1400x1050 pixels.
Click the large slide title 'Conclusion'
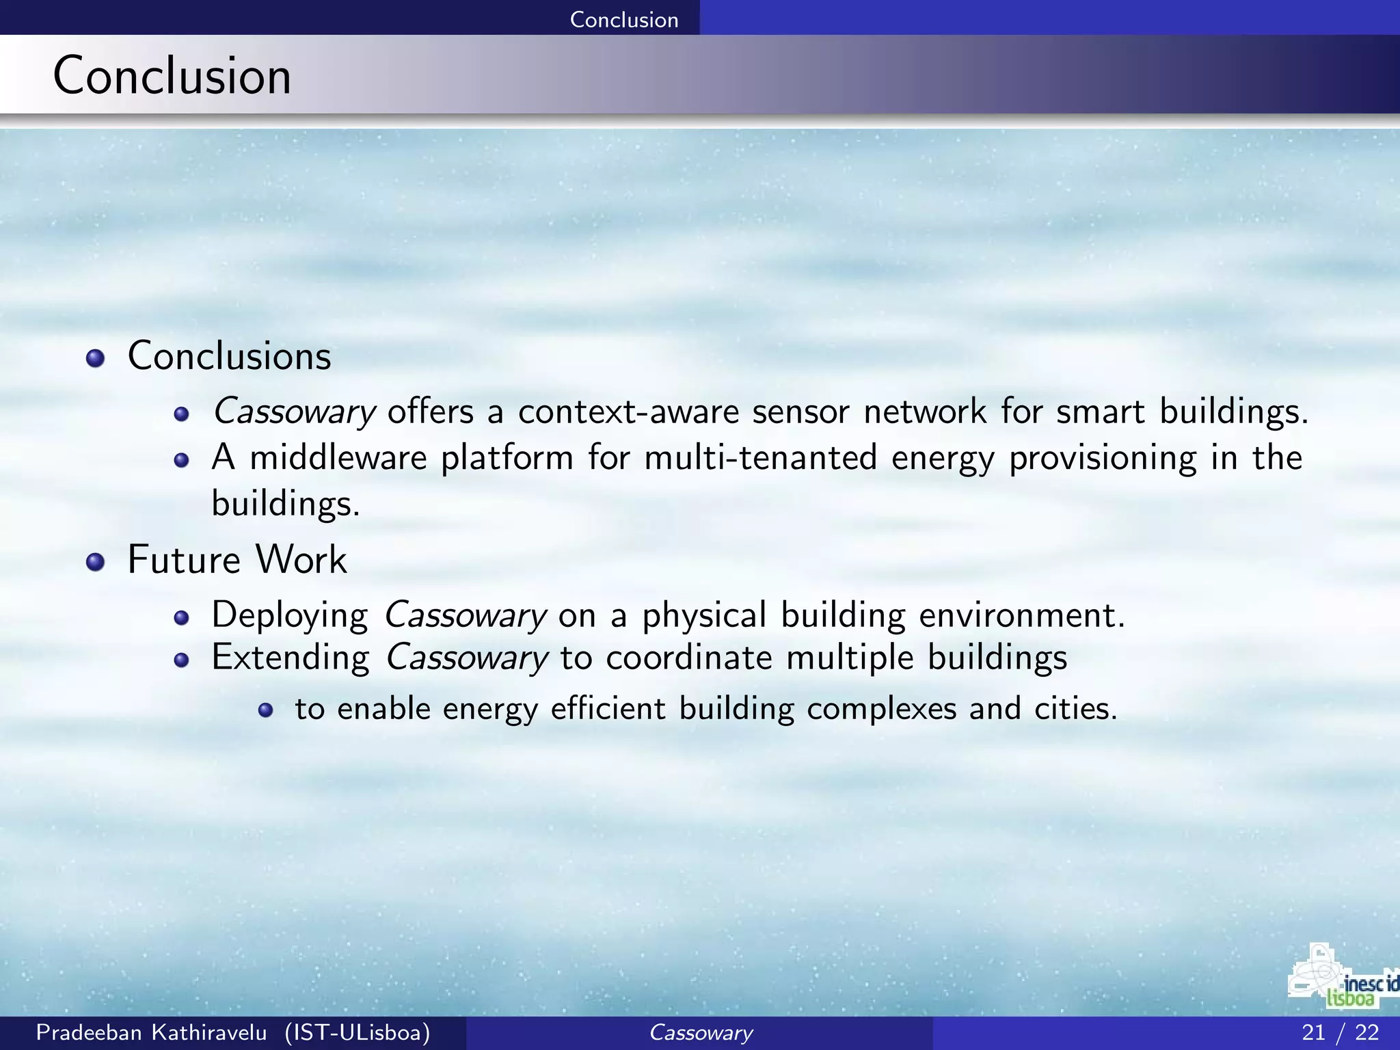pyautogui.click(x=172, y=75)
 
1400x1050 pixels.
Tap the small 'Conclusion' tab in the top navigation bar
pyautogui.click(x=623, y=19)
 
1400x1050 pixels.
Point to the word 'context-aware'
pyautogui.click(x=628, y=412)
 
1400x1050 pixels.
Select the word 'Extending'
pyautogui.click(x=291, y=658)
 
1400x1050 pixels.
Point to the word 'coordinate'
pyautogui.click(x=688, y=658)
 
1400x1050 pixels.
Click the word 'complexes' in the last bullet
pyautogui.click(x=881, y=709)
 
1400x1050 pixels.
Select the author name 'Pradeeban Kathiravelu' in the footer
pyautogui.click(x=151, y=1032)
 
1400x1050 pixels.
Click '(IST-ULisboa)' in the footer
pyautogui.click(x=358, y=1032)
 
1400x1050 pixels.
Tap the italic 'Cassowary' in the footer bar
pyautogui.click(x=700, y=1032)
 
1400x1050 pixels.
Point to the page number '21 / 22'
pyautogui.click(x=1340, y=1032)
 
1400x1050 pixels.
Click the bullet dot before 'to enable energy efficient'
pyautogui.click(x=266, y=710)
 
